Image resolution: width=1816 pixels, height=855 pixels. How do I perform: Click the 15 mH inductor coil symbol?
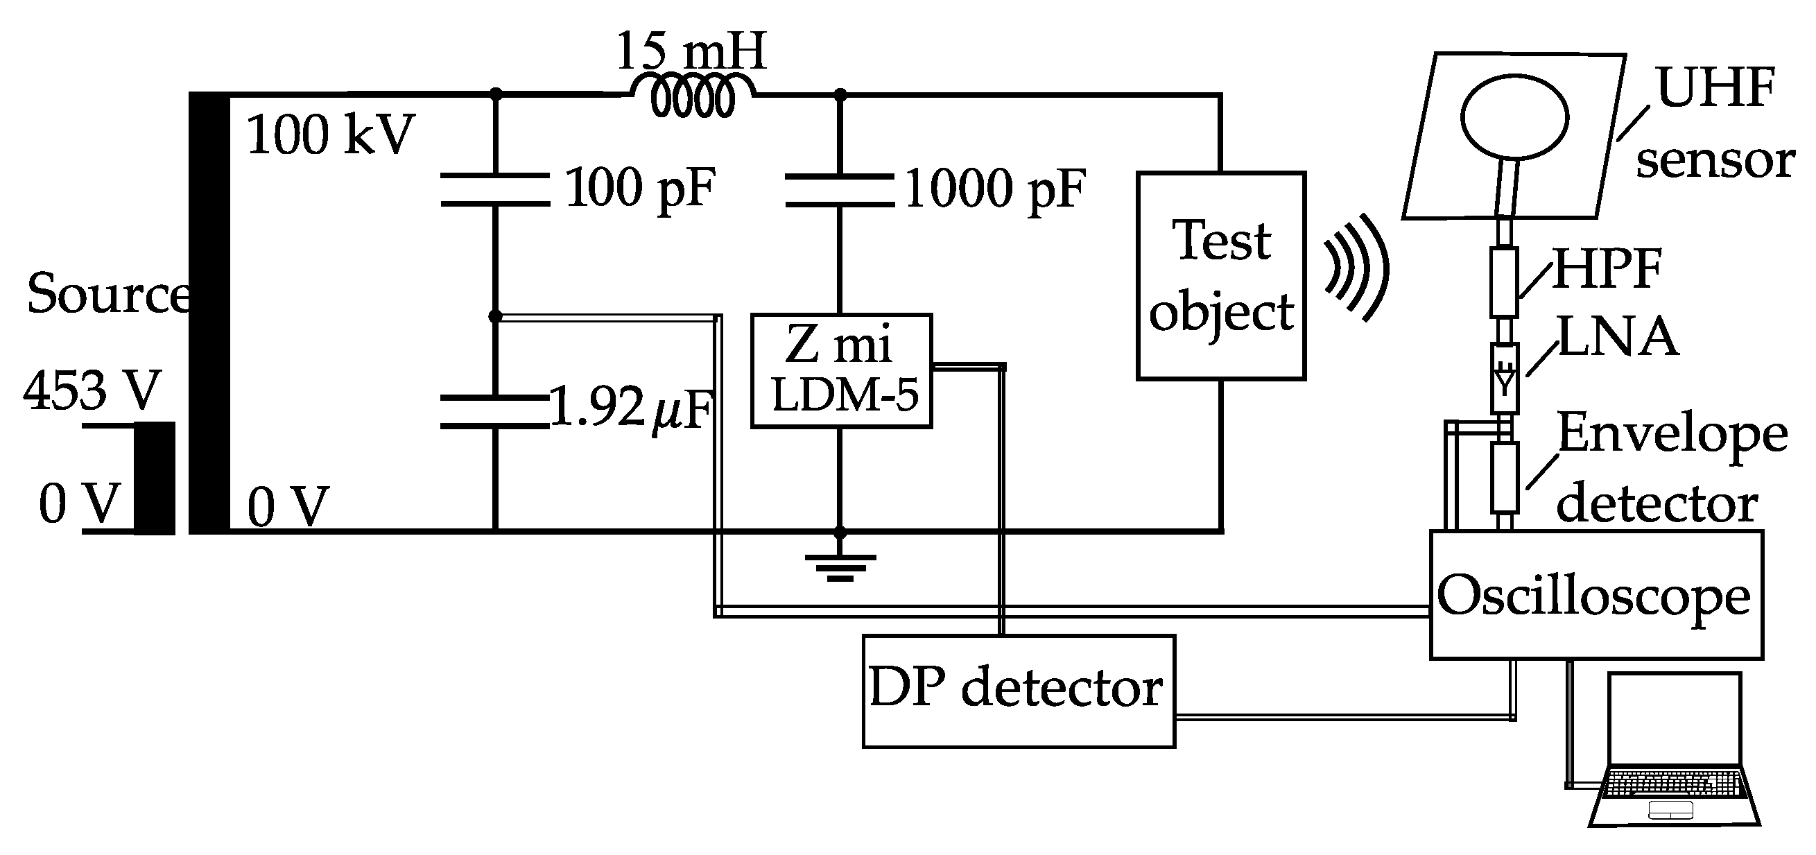coord(692,98)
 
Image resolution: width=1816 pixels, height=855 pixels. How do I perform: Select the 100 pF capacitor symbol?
coord(495,189)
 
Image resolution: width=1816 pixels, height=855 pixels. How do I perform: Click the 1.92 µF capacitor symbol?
coord(495,413)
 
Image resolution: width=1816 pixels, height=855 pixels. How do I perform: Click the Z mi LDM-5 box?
coord(841,371)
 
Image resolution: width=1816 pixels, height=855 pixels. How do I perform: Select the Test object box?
coord(1220,276)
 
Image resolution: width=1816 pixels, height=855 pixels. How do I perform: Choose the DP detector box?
coord(1018,691)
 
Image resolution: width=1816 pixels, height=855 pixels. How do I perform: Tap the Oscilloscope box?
coord(1596,595)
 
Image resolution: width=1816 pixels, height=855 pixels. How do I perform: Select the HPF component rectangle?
coord(1504,282)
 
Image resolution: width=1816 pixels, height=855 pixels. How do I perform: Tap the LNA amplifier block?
coord(1505,378)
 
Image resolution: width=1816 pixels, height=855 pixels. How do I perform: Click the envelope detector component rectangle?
coord(1505,477)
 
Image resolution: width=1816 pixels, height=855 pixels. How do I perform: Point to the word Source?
coord(107,294)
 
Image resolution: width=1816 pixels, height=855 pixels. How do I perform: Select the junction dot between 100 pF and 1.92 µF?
coord(495,316)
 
